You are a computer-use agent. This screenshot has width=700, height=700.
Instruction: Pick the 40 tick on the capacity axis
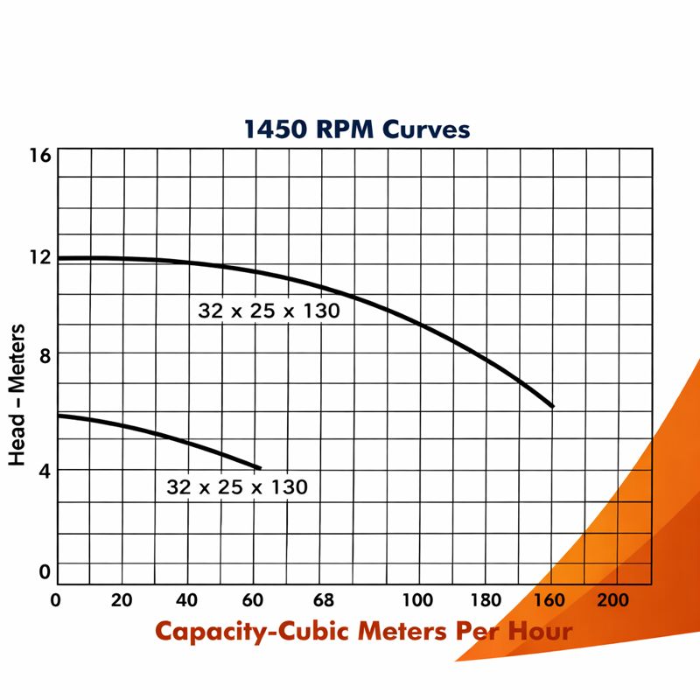[186, 600]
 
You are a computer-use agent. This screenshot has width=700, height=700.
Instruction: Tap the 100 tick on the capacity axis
[416, 600]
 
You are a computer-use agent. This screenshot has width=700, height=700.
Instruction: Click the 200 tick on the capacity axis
[612, 600]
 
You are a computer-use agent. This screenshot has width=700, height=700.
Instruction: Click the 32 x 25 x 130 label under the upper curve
[268, 311]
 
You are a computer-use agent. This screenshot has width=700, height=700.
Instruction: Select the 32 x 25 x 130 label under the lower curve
[237, 487]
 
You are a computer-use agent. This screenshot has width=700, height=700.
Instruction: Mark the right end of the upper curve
[553, 406]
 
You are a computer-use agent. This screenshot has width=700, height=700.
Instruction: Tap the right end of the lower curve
[260, 468]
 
